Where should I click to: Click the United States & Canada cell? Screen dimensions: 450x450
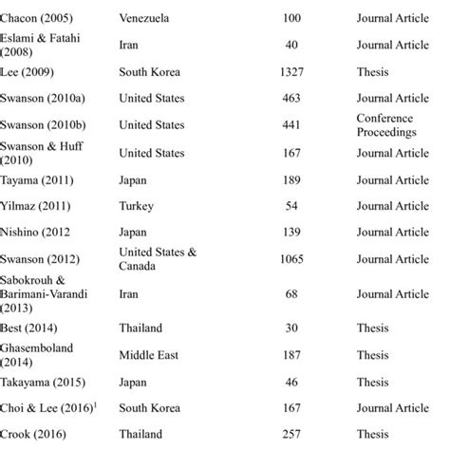[x=158, y=258]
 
